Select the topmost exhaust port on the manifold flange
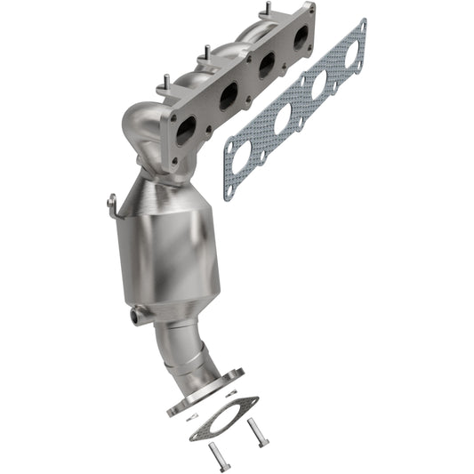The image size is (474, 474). (x=301, y=36)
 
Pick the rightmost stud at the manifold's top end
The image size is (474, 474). (x=265, y=11)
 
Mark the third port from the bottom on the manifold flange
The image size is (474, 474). (x=265, y=65)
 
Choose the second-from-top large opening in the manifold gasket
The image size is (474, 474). (x=317, y=85)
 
